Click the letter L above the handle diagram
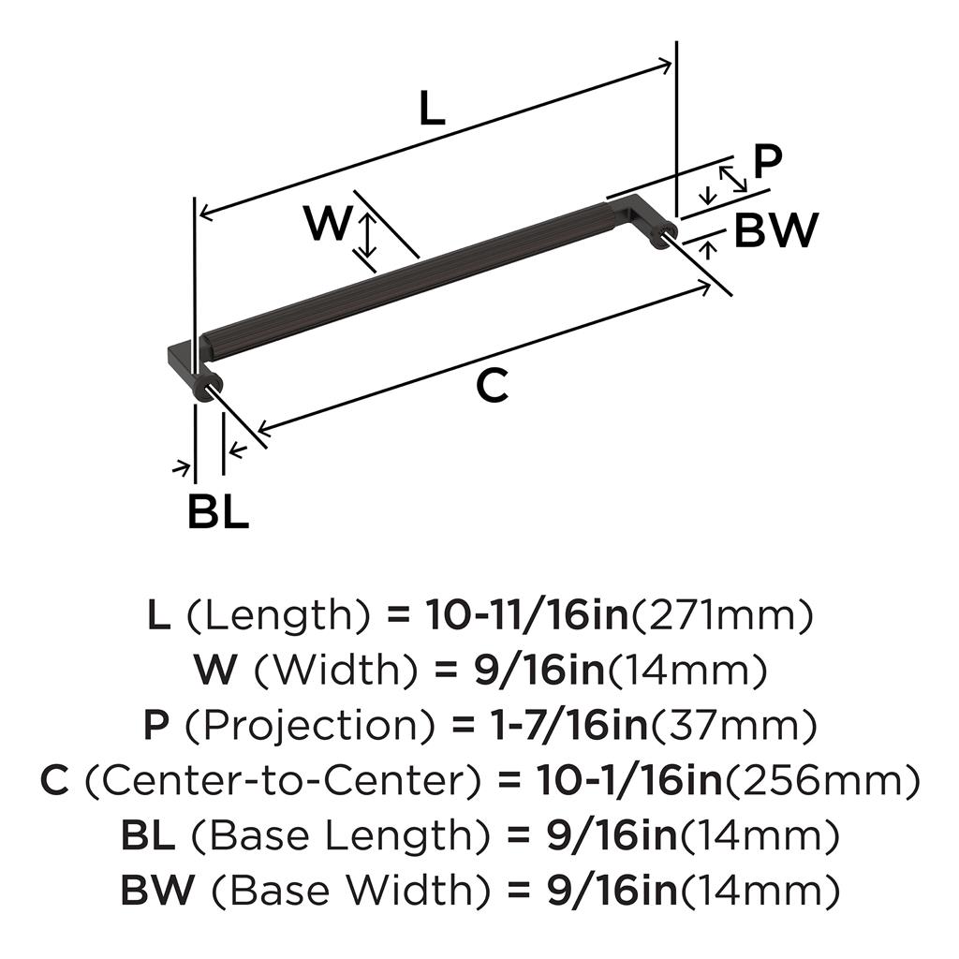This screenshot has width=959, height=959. coord(433,109)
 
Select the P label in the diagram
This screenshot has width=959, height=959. coord(768,161)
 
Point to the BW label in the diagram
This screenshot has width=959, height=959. coord(775,230)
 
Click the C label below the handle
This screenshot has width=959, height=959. coord(493,386)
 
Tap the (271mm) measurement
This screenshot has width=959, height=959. coord(722,616)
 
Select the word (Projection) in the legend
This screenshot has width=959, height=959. coord(309,726)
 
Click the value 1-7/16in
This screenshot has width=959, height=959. coord(569,726)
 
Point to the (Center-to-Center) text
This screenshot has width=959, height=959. coord(282,781)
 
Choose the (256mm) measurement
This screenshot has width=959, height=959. coord(822,781)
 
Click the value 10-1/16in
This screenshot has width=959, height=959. coord(630,780)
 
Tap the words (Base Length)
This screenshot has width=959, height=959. coord(341,836)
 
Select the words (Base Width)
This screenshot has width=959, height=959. coord(350,891)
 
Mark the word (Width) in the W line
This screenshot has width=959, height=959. coord(335,671)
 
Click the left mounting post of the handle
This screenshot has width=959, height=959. coord(207,387)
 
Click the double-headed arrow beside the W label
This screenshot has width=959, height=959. coord(367,235)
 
